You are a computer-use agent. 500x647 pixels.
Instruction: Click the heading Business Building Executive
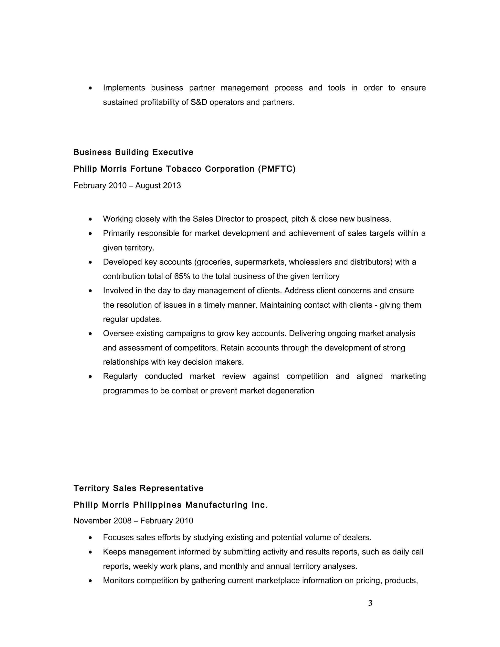coord(133,152)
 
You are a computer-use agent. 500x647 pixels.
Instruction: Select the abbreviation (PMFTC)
coord(277,169)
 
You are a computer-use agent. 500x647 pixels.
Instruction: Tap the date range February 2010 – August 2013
coord(127,186)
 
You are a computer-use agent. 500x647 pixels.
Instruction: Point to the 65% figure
coord(182,276)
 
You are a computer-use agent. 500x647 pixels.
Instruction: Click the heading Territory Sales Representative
coord(138,488)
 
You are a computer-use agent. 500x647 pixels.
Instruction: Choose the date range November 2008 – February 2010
coord(133,521)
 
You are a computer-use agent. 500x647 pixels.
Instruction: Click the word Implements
coord(124,88)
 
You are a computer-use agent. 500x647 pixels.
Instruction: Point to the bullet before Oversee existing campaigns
coord(90,334)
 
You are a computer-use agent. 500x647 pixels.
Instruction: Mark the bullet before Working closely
coord(90,219)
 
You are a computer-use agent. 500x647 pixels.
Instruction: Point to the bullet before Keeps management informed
coord(90,552)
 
